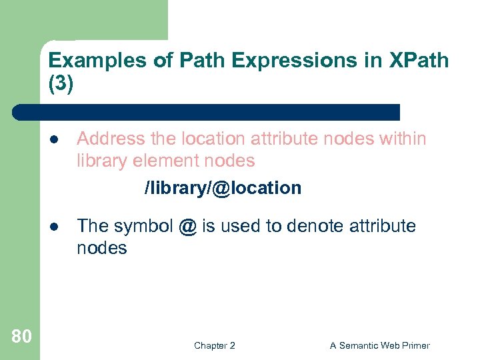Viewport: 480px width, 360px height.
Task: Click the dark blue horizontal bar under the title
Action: coord(207,112)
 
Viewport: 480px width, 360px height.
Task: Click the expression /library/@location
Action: coord(223,189)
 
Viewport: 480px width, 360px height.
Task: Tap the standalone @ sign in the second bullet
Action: coord(187,227)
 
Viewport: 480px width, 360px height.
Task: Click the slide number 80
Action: coord(21,337)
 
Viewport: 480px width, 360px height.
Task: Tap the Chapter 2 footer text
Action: coord(214,345)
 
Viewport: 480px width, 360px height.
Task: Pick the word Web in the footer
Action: coord(390,345)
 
